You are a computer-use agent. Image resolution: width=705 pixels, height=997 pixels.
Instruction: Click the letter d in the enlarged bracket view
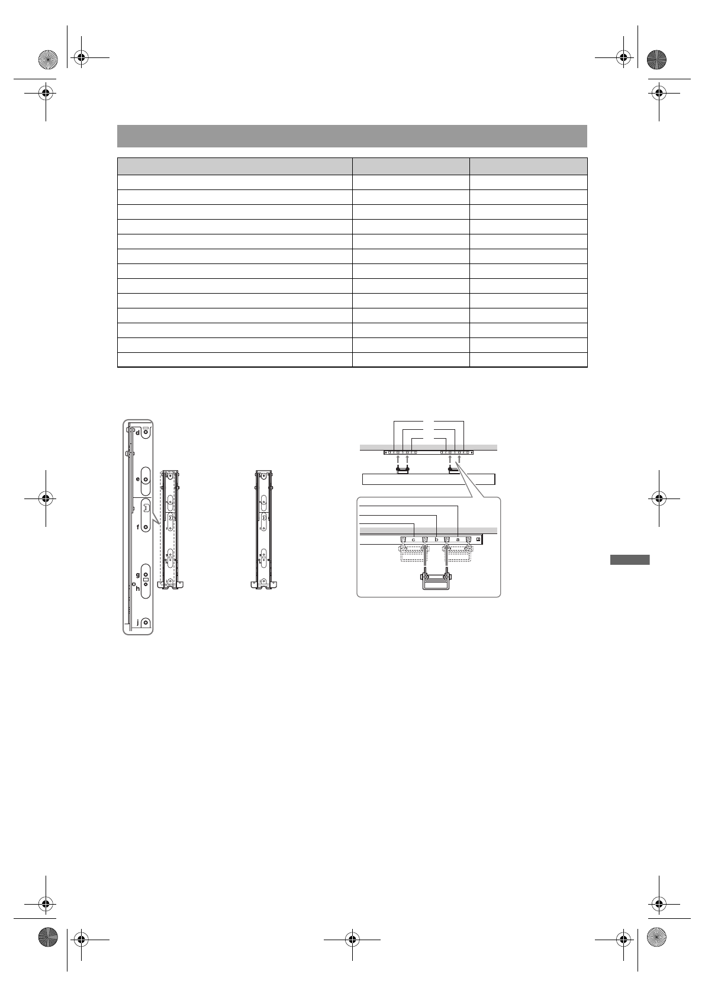[x=138, y=432]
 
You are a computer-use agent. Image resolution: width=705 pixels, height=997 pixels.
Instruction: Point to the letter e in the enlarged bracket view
[x=138, y=480]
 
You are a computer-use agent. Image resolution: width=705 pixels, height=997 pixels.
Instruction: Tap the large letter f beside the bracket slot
[x=138, y=527]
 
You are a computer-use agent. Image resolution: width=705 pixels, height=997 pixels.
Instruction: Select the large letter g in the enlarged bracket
[x=138, y=575]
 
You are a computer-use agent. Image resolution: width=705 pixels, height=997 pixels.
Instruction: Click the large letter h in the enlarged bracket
[x=138, y=588]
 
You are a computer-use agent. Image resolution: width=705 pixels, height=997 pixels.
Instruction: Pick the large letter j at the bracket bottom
[x=139, y=623]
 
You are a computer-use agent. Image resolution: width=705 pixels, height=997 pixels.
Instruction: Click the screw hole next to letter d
[x=146, y=432]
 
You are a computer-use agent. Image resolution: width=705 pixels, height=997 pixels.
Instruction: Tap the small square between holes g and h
[x=146, y=580]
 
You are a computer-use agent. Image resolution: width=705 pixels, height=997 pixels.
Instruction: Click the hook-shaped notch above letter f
[x=146, y=507]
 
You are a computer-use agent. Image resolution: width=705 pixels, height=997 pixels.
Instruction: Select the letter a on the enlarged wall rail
[x=458, y=539]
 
